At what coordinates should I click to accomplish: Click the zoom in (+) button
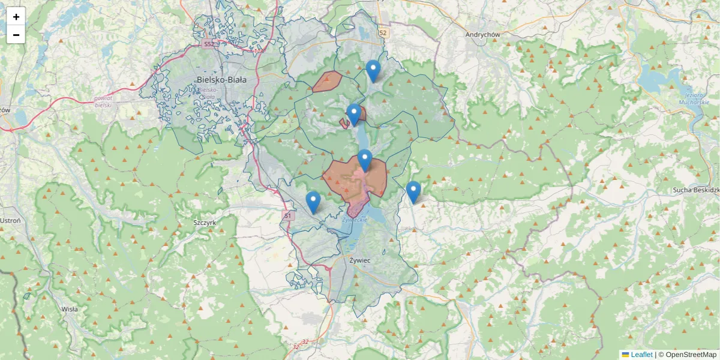[x=16, y=17]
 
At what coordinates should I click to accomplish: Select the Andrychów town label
[x=482, y=35]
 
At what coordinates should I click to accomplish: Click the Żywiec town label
[x=359, y=260]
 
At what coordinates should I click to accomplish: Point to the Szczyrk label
[x=205, y=222]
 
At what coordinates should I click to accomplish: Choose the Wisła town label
[x=70, y=309]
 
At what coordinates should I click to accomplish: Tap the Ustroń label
[x=10, y=220]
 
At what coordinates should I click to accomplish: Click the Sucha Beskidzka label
[x=696, y=190]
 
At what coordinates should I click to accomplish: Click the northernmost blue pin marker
[x=373, y=71]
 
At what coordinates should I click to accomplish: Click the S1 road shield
[x=288, y=215]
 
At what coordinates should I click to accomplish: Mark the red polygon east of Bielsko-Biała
[x=328, y=82]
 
